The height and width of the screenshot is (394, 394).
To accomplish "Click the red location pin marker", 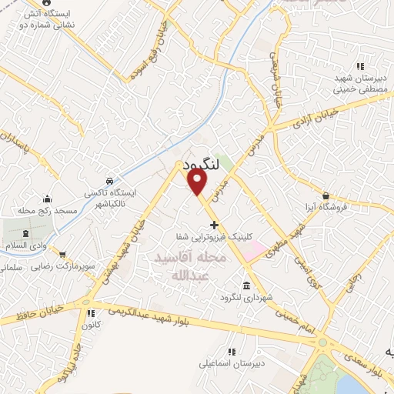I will pos(197,182).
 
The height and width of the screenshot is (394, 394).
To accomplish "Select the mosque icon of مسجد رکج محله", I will pos(48,199).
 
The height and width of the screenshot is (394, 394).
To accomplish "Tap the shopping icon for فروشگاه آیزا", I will pos(326,195).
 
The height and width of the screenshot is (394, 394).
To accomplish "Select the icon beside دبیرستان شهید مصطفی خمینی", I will pos(360,66).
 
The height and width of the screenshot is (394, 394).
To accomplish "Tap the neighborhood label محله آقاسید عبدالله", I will pos(189,265).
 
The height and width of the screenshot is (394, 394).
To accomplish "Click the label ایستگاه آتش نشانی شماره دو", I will pos(39,18).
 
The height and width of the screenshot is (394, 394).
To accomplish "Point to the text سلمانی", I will pos(10,268).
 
